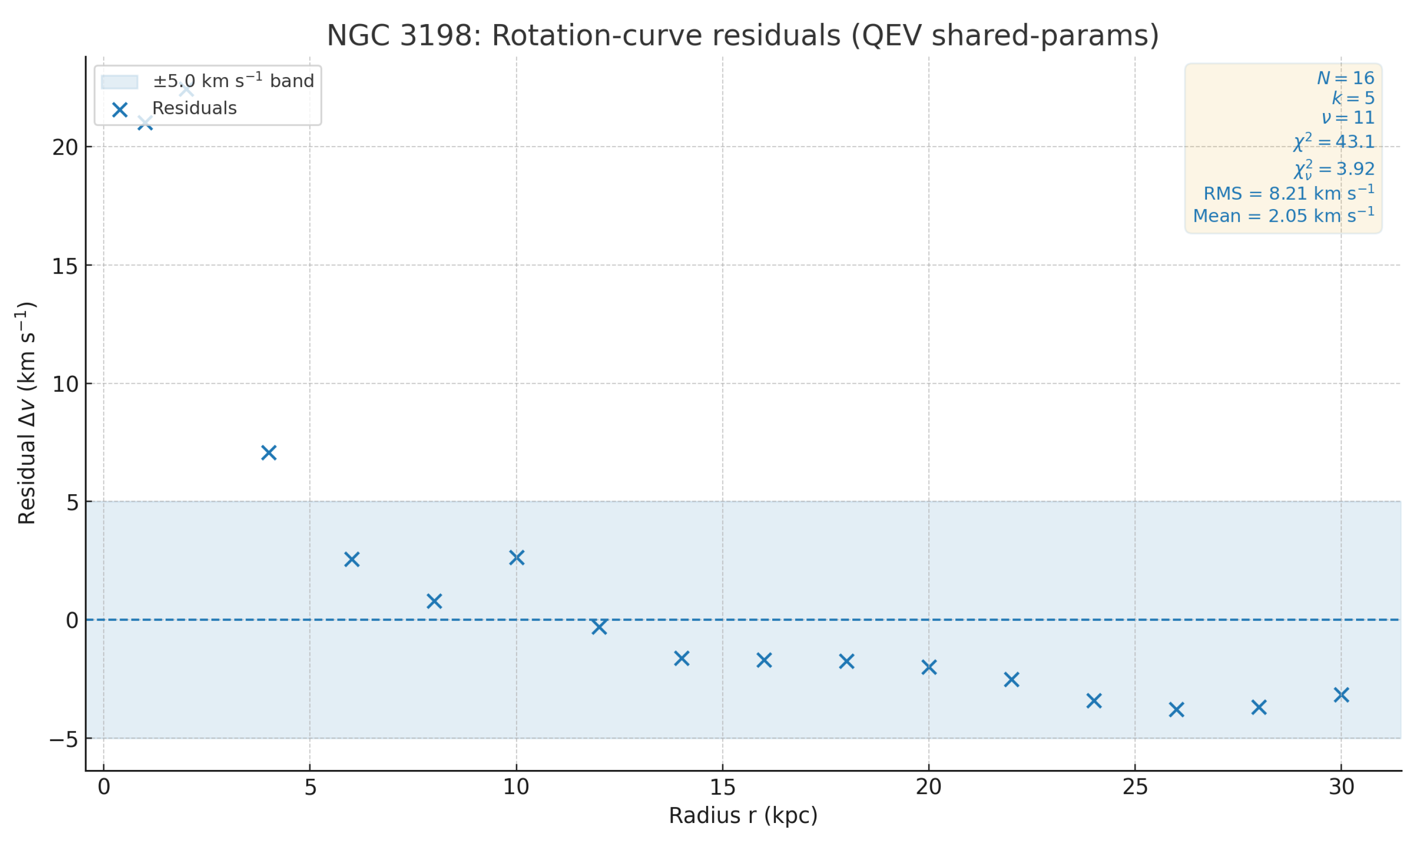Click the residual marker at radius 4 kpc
click(x=269, y=453)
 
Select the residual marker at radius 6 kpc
click(x=352, y=559)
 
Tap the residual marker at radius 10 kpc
click(x=516, y=557)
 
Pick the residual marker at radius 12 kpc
click(x=599, y=627)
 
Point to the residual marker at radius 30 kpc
click(x=1341, y=695)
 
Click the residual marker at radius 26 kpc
click(x=1176, y=710)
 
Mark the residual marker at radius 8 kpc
click(x=434, y=601)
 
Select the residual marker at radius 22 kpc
click(x=1011, y=679)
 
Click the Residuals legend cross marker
click(x=120, y=110)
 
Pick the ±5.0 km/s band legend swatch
click(x=119, y=82)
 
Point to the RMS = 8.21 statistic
click(x=1288, y=193)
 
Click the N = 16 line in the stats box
click(x=1345, y=78)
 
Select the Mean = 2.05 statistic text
click(x=1283, y=216)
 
